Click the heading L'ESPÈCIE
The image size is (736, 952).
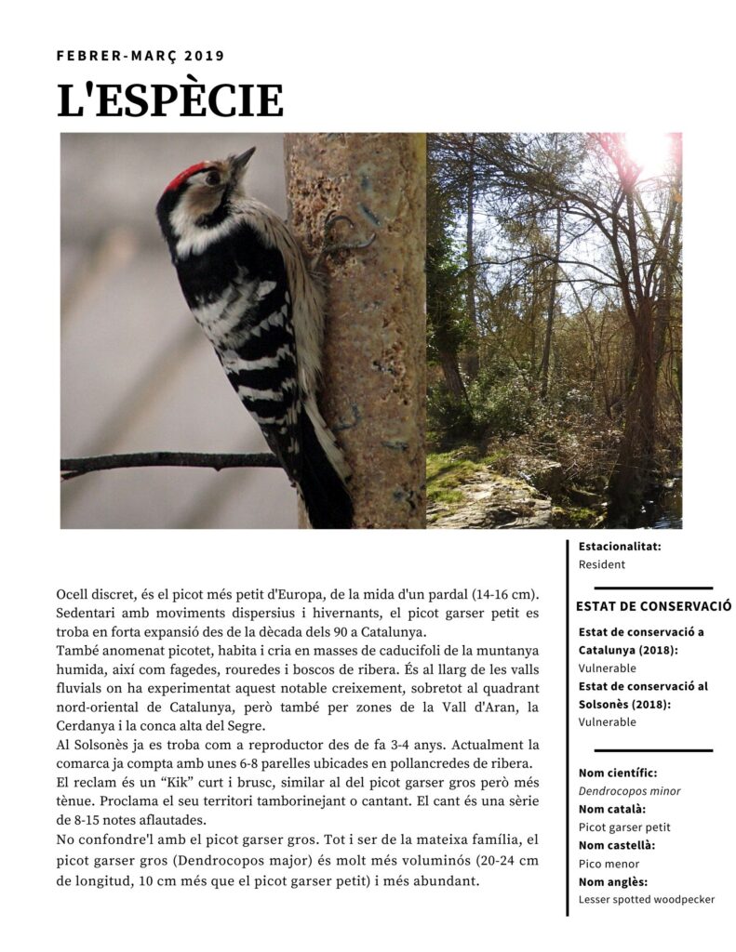pos(170,100)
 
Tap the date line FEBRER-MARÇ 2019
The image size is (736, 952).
pos(141,56)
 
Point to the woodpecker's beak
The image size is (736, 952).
pos(243,160)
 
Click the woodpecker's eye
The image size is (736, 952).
pos(213,178)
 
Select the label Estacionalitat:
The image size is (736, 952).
pos(620,547)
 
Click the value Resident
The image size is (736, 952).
pos(602,564)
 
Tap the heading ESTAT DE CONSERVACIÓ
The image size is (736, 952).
pos(653,606)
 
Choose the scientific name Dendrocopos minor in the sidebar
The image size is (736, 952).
pos(629,791)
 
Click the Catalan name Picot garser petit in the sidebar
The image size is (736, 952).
pos(624,827)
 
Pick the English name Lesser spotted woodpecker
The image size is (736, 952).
pos(647,900)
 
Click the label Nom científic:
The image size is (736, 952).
pos(618,773)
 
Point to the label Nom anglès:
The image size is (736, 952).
pos(613,882)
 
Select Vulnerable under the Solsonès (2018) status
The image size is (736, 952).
pos(607,722)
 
